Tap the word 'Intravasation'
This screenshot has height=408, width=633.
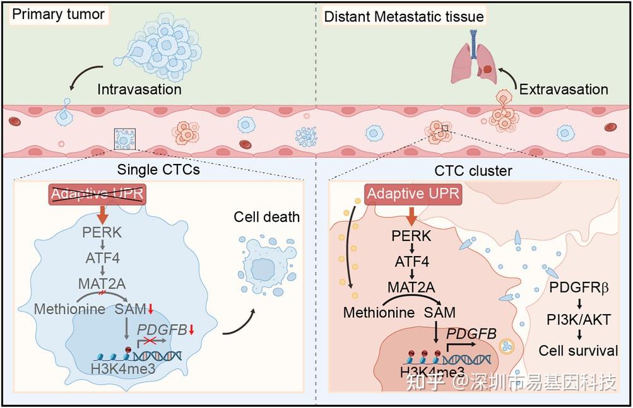(x=139, y=89)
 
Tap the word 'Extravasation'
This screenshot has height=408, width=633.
(x=564, y=89)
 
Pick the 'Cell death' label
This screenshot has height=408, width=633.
(x=266, y=218)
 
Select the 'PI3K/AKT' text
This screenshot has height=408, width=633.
(x=578, y=320)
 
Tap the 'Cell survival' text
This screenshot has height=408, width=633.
(x=578, y=351)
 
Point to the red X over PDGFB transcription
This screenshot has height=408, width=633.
(x=148, y=341)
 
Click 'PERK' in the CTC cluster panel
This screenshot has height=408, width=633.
(x=411, y=236)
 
